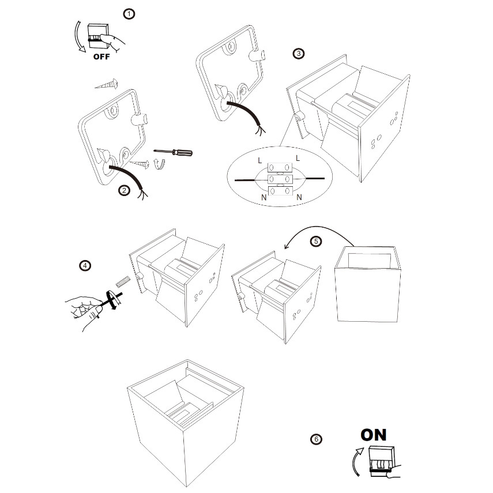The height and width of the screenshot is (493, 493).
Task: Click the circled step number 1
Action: (x=130, y=13)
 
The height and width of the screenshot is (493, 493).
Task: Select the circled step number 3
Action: (x=298, y=54)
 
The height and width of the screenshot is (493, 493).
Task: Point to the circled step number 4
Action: (x=85, y=266)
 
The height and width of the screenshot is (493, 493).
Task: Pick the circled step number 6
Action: (x=315, y=439)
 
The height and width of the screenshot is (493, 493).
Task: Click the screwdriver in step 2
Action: (x=178, y=153)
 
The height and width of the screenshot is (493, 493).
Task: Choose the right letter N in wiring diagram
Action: (x=299, y=197)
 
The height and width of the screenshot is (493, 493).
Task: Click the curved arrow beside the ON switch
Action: (x=356, y=463)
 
